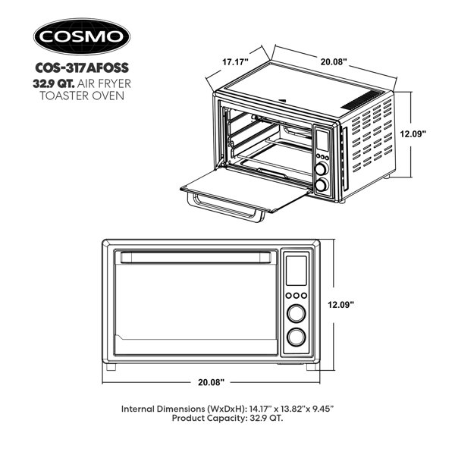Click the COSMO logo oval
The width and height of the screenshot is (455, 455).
pyautogui.click(x=82, y=36)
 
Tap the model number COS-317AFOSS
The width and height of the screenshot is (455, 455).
pyautogui.click(x=82, y=68)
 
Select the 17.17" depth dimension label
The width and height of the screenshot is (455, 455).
pyautogui.click(x=235, y=62)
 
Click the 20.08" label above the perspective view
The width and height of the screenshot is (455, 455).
pyautogui.click(x=334, y=62)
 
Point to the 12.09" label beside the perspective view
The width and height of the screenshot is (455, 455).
pyautogui.click(x=413, y=133)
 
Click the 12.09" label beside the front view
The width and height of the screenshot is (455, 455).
pyautogui.click(x=341, y=305)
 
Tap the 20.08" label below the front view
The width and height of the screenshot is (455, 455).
pyautogui.click(x=212, y=382)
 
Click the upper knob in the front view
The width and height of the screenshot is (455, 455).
pyautogui.click(x=297, y=313)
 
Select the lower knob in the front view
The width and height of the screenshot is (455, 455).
pyautogui.click(x=297, y=337)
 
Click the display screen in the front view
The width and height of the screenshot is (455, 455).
pyautogui.click(x=297, y=271)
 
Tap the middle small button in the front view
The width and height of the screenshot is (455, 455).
pyautogui.click(x=297, y=296)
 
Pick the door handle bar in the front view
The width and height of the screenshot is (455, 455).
pyautogui.click(x=196, y=258)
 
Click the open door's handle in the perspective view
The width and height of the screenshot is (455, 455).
pyautogui.click(x=225, y=208)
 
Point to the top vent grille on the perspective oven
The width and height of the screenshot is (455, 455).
pyautogui.click(x=362, y=100)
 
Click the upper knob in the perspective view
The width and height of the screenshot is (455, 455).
pyautogui.click(x=322, y=168)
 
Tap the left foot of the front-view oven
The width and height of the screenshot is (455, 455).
pyautogui.click(x=111, y=367)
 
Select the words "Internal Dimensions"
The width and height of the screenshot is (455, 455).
pyautogui.click(x=163, y=409)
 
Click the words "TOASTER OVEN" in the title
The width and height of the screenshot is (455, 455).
pyautogui.click(x=82, y=96)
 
